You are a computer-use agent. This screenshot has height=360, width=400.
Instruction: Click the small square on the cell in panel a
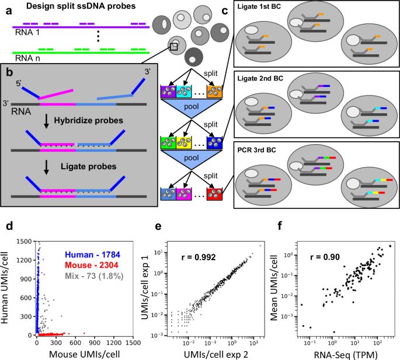point(173,47)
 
